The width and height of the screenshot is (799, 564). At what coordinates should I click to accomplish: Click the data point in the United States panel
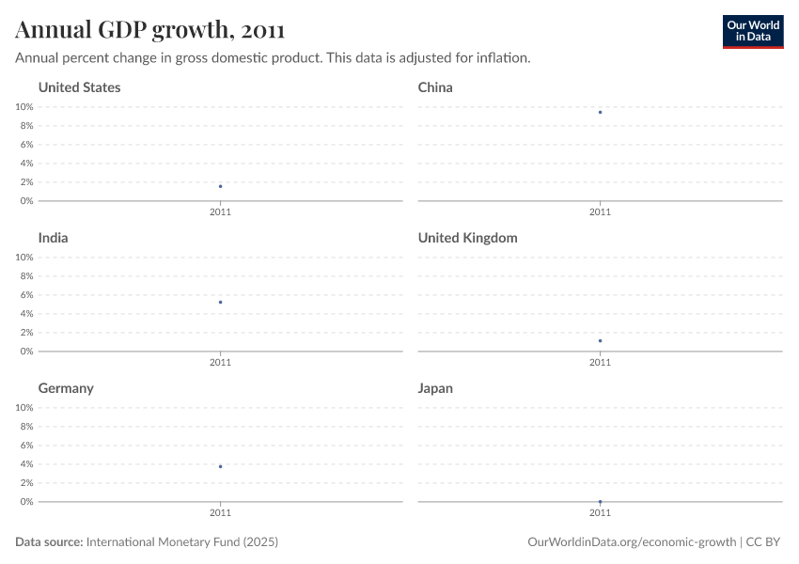(220, 186)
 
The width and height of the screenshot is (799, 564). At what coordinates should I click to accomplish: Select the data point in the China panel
(600, 112)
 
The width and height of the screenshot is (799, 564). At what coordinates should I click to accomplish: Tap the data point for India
(220, 302)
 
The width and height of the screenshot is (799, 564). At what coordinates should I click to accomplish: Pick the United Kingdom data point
(600, 340)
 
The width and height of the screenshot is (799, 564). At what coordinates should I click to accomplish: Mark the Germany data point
(220, 466)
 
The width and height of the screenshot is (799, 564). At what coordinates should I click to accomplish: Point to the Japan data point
(600, 501)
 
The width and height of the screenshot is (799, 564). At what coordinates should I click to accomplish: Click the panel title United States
(79, 87)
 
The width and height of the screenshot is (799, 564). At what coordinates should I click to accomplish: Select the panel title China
(435, 87)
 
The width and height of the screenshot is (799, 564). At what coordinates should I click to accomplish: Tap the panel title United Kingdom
(467, 238)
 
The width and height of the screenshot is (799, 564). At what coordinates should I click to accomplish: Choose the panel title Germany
(66, 388)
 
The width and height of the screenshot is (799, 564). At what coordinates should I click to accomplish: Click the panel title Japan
(435, 388)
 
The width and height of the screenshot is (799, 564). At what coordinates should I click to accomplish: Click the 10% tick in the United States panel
(23, 107)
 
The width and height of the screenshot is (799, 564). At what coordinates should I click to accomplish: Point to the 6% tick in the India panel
(25, 295)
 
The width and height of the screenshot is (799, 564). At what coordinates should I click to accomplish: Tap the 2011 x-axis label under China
(600, 212)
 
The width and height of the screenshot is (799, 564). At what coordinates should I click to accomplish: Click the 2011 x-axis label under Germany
(220, 513)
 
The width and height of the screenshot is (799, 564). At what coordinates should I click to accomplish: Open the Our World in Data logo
(752, 31)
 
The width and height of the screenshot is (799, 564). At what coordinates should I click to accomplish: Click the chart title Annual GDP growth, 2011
(149, 31)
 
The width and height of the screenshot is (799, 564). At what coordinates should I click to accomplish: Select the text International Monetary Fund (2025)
(182, 542)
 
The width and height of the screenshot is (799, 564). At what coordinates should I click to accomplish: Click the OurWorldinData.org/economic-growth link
(633, 542)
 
